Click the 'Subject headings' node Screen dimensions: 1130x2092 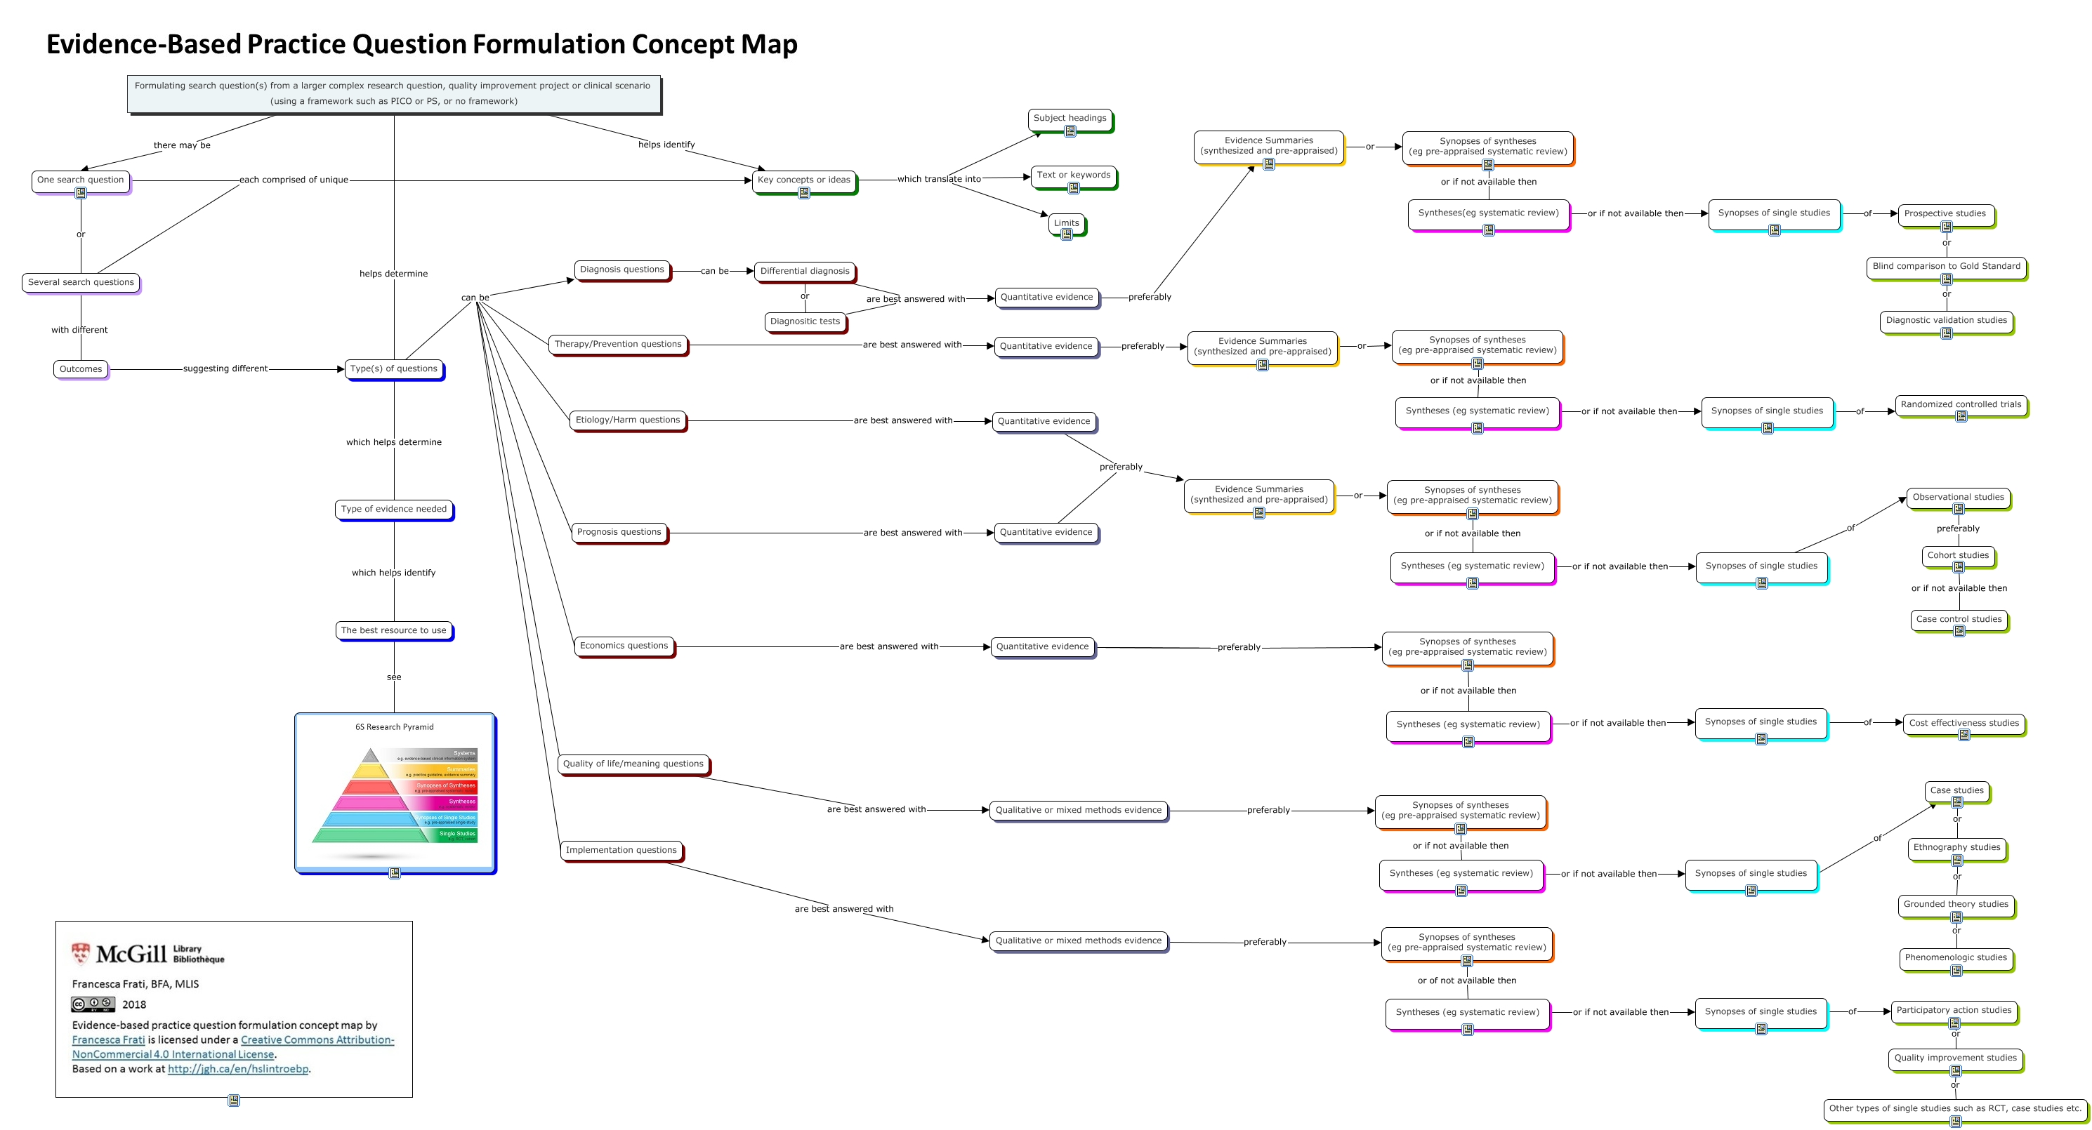1070,119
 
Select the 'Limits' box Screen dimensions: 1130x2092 1066,223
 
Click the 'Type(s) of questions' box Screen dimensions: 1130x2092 394,369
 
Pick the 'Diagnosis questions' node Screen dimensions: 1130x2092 622,270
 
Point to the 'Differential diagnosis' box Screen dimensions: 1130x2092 804,271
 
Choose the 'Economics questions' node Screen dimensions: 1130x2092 624,646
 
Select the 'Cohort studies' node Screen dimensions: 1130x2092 1958,556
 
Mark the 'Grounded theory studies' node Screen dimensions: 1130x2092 1956,904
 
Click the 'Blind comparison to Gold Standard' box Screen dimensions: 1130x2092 1946,266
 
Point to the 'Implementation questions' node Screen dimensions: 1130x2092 621,851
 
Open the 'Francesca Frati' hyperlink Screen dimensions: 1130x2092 108,1040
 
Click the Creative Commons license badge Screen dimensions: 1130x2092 93,1005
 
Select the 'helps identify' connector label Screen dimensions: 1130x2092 666,145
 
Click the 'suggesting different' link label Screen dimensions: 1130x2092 225,369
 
